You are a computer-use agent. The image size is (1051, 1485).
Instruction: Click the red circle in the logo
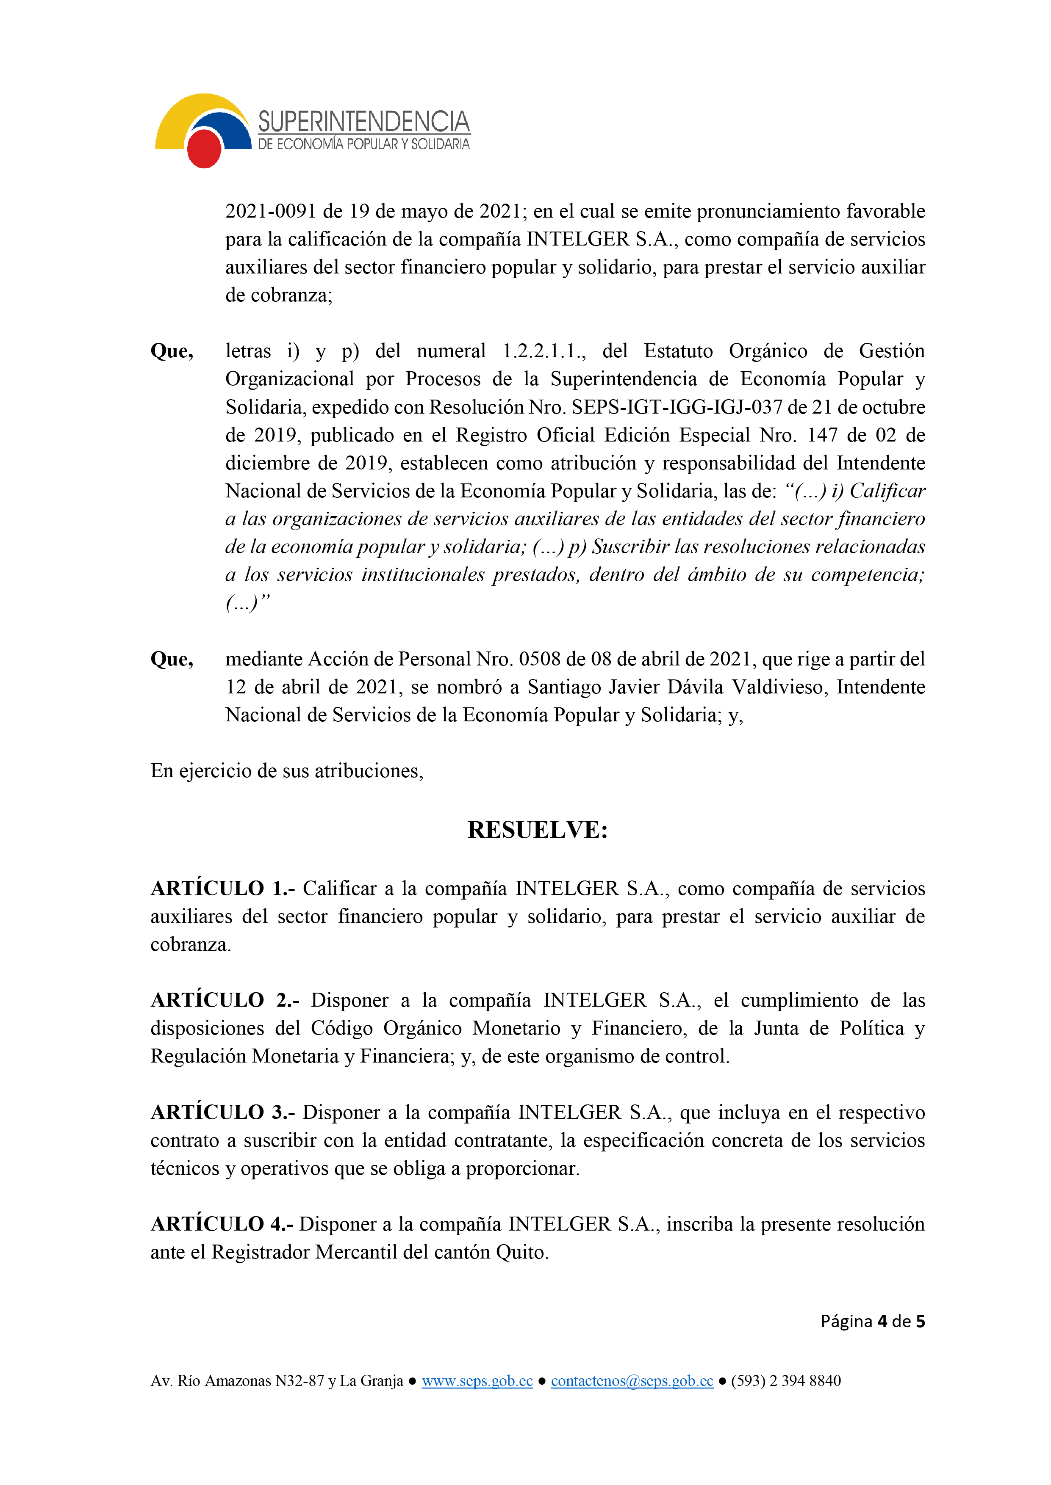pyautogui.click(x=204, y=148)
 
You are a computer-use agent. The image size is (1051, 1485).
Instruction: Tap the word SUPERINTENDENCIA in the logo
pyautogui.click(x=364, y=121)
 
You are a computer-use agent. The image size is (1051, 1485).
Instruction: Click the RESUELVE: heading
pyautogui.click(x=538, y=830)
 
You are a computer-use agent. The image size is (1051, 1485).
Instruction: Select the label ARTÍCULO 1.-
pyautogui.click(x=223, y=888)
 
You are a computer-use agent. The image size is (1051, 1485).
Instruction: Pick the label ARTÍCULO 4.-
pyautogui.click(x=222, y=1224)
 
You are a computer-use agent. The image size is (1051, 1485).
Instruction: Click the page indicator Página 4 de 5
pyautogui.click(x=872, y=1321)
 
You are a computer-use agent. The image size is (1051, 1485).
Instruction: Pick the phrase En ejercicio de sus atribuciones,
pyautogui.click(x=287, y=770)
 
